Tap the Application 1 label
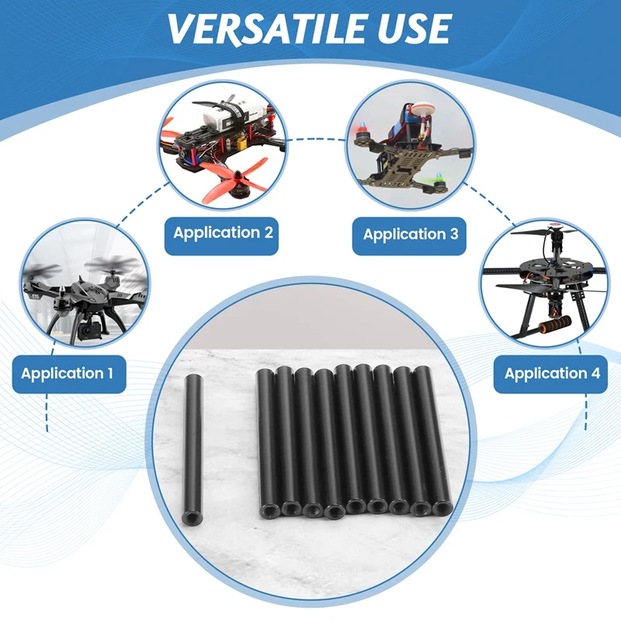(69, 374)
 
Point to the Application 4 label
(550, 374)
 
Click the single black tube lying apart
(193, 450)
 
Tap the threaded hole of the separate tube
(189, 517)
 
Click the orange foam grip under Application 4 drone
(554, 324)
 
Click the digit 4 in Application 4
(595, 373)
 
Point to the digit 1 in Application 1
(110, 373)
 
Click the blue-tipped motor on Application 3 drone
(362, 132)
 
